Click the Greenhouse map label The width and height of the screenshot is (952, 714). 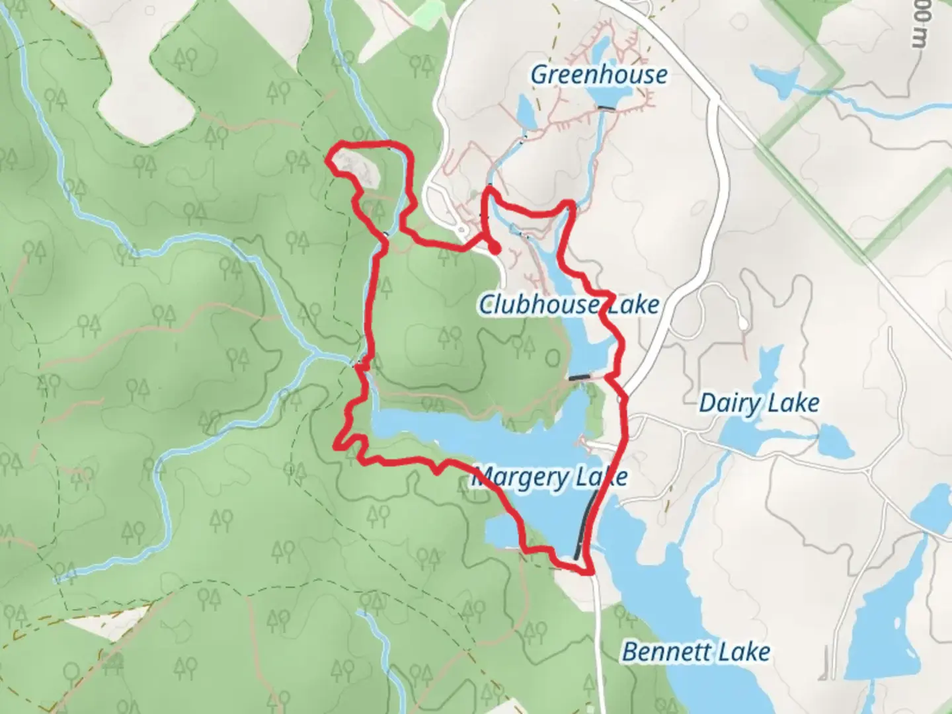(x=598, y=74)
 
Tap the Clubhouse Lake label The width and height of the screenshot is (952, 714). (x=569, y=304)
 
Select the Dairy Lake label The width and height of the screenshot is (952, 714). (x=759, y=403)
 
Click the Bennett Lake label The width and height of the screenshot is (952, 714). (x=696, y=652)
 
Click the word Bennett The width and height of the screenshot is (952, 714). (x=666, y=652)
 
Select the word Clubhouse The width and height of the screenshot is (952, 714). (x=538, y=304)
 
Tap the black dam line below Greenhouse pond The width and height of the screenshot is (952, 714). (x=606, y=107)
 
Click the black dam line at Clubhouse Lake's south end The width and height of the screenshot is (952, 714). (x=580, y=377)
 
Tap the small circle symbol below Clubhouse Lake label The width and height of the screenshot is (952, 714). (x=552, y=358)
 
